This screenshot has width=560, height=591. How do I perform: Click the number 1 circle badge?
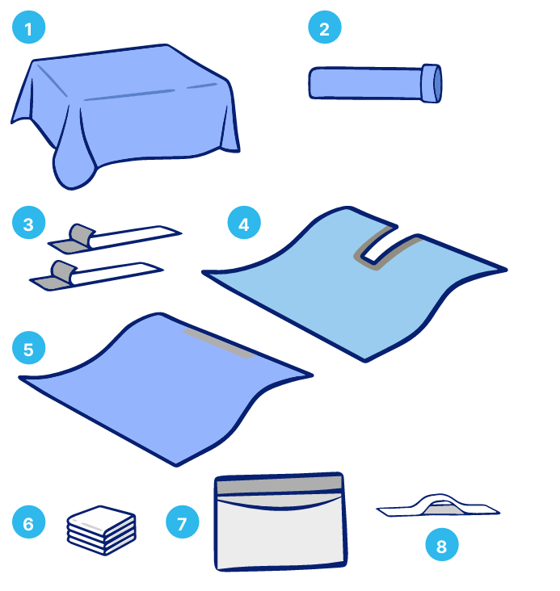click(x=28, y=27)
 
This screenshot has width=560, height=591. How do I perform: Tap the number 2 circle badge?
click(x=325, y=27)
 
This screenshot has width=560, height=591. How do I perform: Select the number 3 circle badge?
click(x=28, y=223)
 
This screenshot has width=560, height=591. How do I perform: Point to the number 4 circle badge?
click(x=244, y=223)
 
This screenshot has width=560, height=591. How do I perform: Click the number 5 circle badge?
click(x=28, y=348)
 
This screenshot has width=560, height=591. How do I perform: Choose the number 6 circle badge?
click(x=28, y=522)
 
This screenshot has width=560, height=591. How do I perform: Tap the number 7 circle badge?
click(x=183, y=522)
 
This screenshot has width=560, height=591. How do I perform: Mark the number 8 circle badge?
click(x=441, y=545)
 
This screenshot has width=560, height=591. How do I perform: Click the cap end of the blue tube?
click(x=432, y=83)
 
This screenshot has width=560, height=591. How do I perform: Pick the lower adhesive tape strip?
click(x=97, y=275)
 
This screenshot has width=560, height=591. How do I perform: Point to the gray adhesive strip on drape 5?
click(x=220, y=344)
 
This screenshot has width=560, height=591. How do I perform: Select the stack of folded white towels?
click(x=102, y=530)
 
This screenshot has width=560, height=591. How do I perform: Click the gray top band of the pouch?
click(x=280, y=485)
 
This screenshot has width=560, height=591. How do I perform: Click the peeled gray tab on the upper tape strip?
click(x=80, y=235)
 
